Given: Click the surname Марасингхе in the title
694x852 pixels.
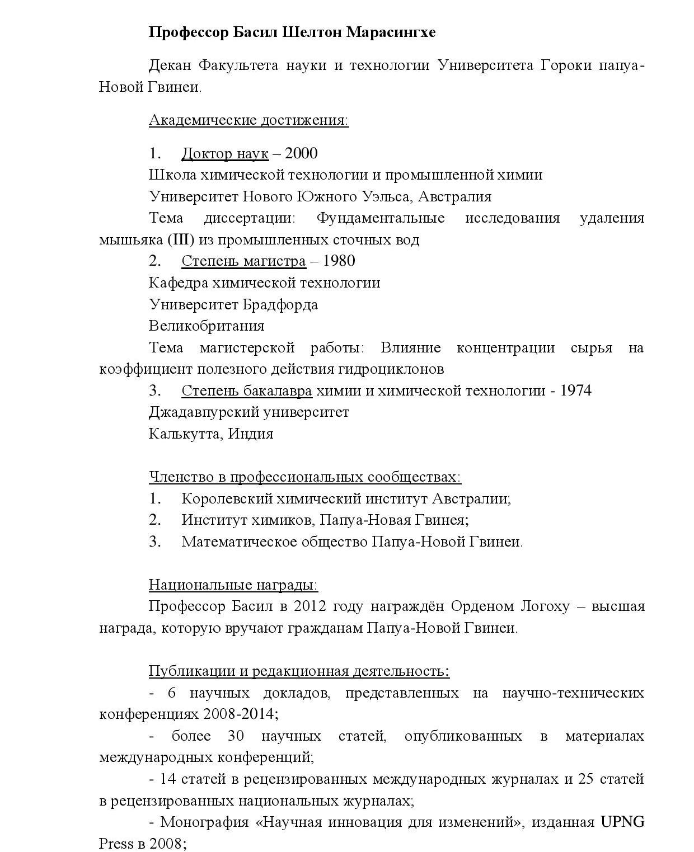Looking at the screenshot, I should pyautogui.click(x=391, y=32).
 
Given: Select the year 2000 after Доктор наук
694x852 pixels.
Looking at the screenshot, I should pyautogui.click(x=301, y=153).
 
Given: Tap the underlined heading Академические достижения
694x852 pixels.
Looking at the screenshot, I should pyautogui.click(x=248, y=120).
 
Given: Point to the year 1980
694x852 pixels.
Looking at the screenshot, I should pyautogui.click(x=339, y=261).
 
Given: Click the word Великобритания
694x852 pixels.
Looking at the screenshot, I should pyautogui.click(x=207, y=326).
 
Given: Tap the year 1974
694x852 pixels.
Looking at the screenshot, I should pyautogui.click(x=575, y=390).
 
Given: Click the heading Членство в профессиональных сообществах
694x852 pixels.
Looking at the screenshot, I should pyautogui.click(x=304, y=477).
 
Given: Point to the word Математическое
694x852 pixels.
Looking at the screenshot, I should pyautogui.click(x=239, y=542).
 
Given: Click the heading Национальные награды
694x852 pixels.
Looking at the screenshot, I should pyautogui.click(x=233, y=585).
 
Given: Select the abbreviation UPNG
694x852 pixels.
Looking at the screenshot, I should pyautogui.click(x=622, y=822).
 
